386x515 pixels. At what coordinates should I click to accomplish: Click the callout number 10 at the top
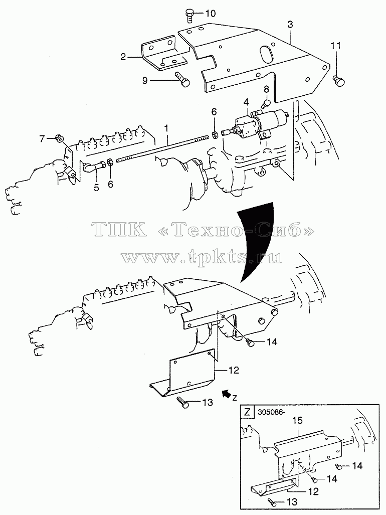click(211, 14)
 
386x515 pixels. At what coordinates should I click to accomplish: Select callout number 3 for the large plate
click(290, 25)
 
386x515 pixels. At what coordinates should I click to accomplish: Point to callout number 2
click(123, 57)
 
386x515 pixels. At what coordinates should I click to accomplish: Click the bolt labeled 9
click(182, 79)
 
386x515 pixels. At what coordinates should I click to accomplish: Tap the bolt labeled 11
click(338, 81)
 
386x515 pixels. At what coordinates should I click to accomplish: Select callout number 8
click(266, 89)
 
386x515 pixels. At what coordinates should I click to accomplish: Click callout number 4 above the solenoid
click(246, 102)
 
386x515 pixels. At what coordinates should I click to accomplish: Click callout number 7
click(42, 139)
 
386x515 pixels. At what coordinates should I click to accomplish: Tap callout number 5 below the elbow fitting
click(96, 188)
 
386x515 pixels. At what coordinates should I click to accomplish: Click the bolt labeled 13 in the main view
click(182, 402)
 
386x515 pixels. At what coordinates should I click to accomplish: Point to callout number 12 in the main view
click(234, 370)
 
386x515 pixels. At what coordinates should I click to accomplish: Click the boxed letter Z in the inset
click(247, 412)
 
